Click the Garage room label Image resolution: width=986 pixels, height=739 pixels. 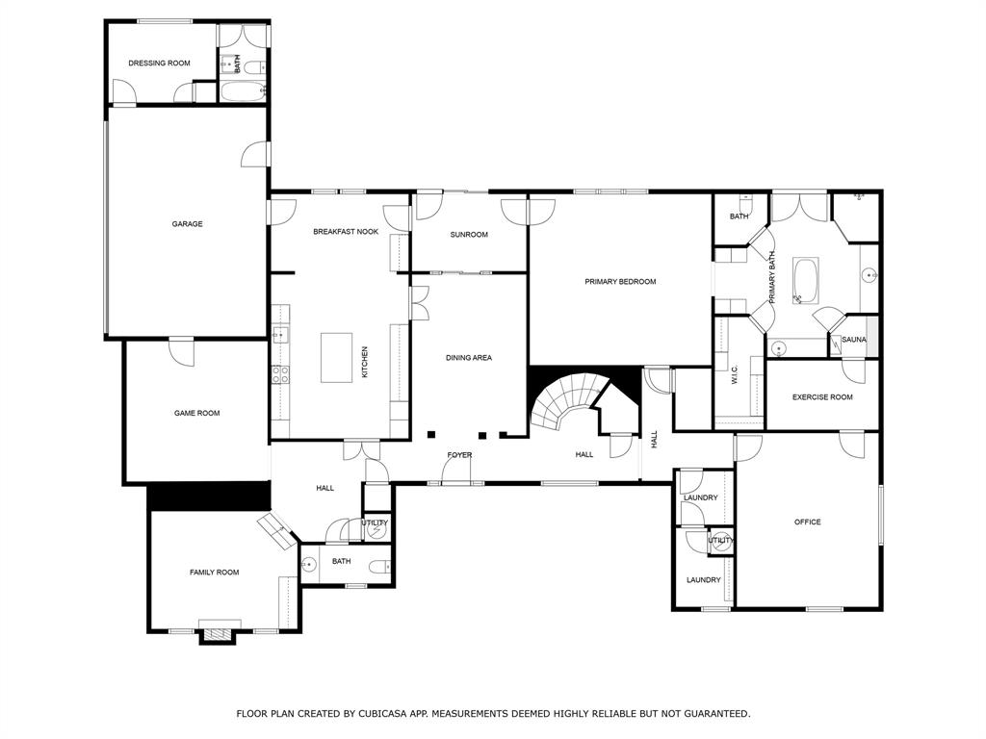[x=187, y=224]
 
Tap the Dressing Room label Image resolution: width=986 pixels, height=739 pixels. [x=159, y=64]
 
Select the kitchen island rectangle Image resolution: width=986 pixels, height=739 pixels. [x=337, y=358]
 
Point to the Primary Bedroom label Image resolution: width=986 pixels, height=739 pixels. [x=620, y=282]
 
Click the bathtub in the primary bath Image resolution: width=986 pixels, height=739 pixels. [x=805, y=281]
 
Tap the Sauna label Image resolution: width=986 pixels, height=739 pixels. [x=854, y=340]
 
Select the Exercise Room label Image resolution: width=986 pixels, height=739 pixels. [x=822, y=397]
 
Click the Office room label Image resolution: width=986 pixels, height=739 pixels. [x=807, y=522]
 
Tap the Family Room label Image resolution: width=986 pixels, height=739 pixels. [x=214, y=573]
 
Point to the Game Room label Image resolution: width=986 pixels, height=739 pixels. [x=196, y=414]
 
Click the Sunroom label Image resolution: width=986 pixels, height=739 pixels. [x=469, y=235]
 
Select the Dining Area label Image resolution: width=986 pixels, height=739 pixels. [x=469, y=358]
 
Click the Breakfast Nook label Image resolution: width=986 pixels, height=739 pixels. [x=346, y=232]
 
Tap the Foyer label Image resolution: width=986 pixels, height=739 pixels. [x=459, y=455]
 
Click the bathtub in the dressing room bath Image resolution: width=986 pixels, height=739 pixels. [x=243, y=92]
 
